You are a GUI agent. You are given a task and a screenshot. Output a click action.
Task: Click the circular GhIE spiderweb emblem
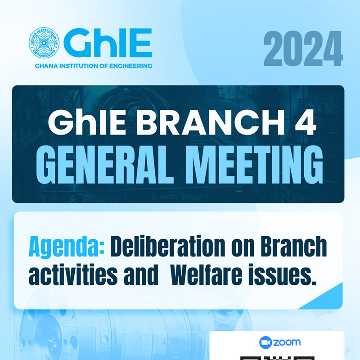[44, 42]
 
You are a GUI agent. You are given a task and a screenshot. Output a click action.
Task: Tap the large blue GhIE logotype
[108, 43]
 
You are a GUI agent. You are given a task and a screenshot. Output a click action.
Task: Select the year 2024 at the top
[303, 49]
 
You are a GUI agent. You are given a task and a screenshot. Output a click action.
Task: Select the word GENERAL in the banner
[105, 165]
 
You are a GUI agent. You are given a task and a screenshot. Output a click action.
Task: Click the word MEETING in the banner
[254, 165]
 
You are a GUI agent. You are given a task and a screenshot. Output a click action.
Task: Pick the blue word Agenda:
[67, 247]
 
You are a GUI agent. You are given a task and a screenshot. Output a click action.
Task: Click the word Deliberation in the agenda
[168, 246]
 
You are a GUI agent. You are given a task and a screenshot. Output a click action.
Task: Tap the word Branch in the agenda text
[294, 246]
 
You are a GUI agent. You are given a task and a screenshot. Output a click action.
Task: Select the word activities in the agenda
[73, 274]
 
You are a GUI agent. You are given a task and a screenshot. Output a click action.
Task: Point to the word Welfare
[207, 274]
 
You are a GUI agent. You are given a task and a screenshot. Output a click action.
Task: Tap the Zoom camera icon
[265, 342]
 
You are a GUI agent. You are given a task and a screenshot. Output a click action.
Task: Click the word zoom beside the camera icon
[287, 342]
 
